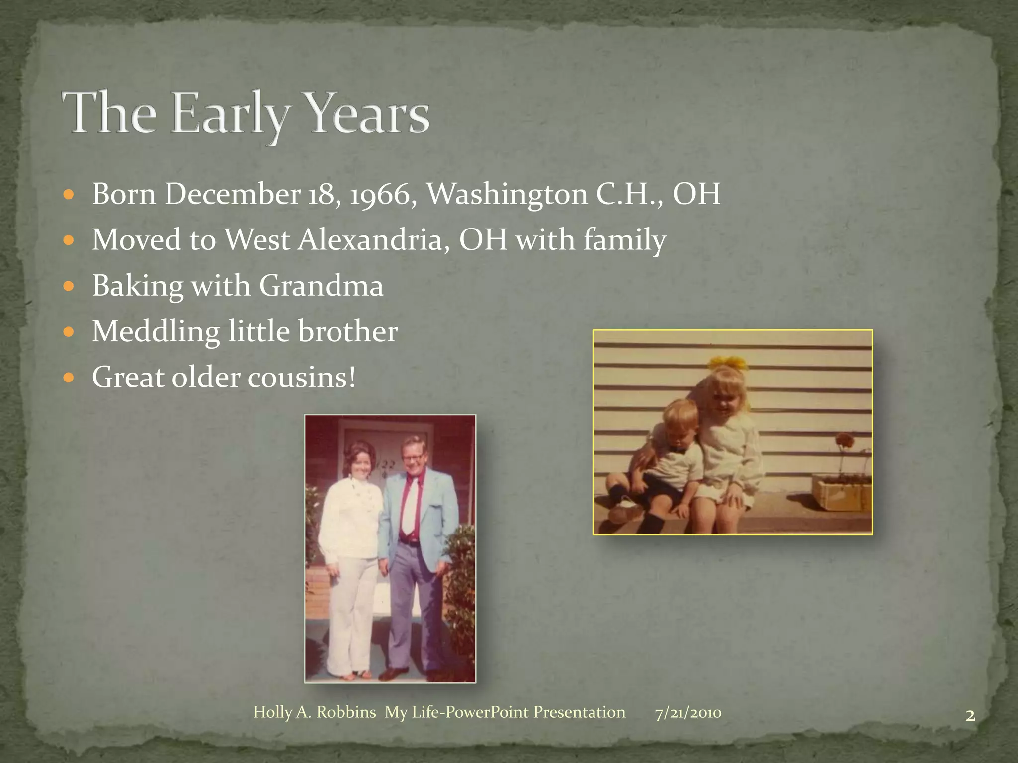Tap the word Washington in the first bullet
coord(507,194)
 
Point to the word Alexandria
coord(374,240)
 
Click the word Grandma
coord(321,286)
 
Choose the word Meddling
coord(156,332)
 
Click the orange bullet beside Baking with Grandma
coord(69,287)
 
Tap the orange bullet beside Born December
coord(69,195)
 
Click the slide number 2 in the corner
coord(970,716)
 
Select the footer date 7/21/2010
coord(688,713)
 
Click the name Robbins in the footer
coord(346,712)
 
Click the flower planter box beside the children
coord(841,491)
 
